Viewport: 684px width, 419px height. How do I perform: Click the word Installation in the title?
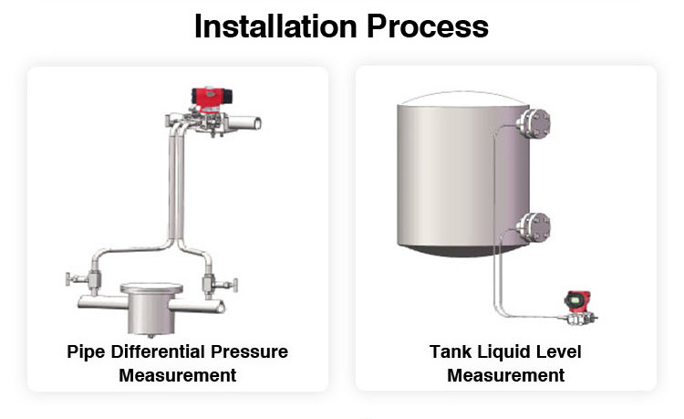(278, 26)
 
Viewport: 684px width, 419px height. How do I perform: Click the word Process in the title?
(427, 26)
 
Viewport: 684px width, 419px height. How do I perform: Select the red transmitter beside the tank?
(576, 300)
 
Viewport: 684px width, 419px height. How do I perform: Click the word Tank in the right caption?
(449, 352)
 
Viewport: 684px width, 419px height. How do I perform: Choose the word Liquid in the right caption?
(502, 352)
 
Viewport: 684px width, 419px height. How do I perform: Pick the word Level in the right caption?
(559, 352)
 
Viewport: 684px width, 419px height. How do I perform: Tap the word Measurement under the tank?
(505, 375)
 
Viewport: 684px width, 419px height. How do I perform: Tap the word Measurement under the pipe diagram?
(177, 375)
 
